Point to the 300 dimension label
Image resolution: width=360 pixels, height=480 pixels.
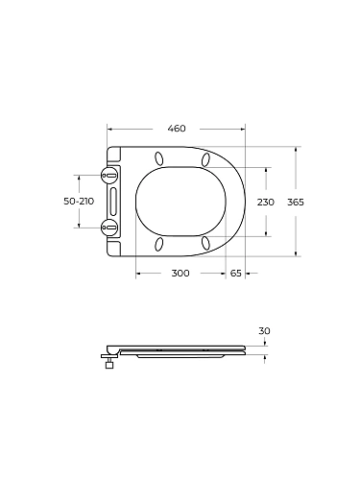pyautogui.click(x=180, y=274)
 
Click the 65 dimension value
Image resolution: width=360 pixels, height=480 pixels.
pyautogui.click(x=236, y=274)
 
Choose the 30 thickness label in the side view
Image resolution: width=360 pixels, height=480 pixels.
pyautogui.click(x=265, y=331)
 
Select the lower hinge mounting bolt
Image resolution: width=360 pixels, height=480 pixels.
pyautogui.click(x=109, y=228)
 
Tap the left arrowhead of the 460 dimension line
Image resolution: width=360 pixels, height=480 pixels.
pyautogui.click(x=109, y=136)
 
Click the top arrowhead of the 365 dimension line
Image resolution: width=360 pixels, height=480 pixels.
pyautogui.click(x=296, y=150)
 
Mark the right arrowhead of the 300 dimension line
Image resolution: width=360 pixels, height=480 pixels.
pyautogui.click(x=224, y=273)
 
